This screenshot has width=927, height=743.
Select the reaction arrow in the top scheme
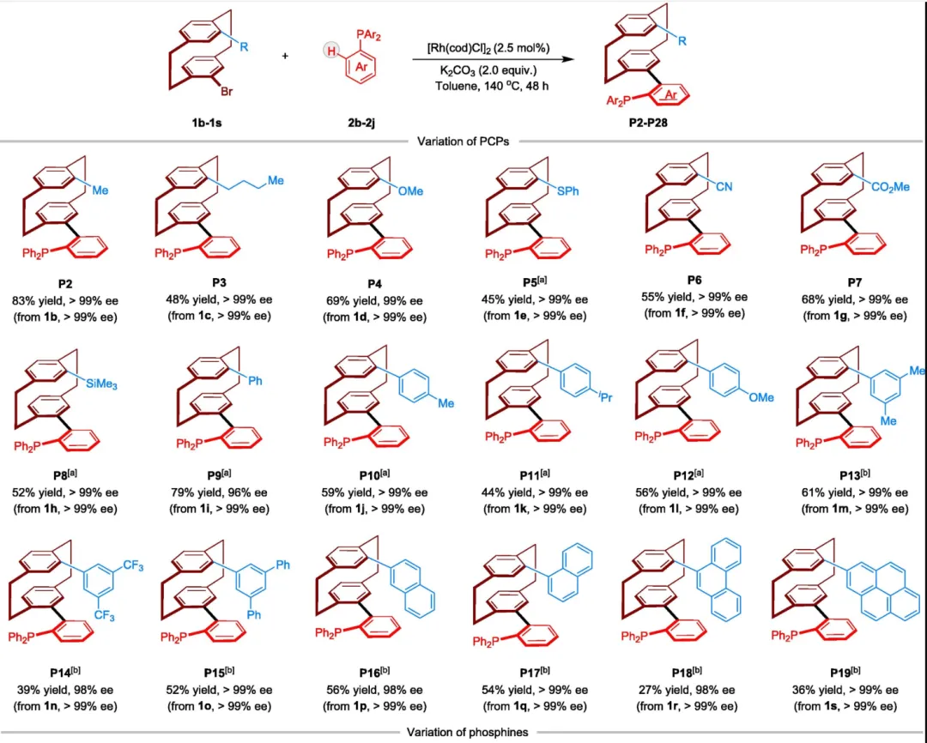tap(493, 59)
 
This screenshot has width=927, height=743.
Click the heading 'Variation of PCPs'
tap(464, 142)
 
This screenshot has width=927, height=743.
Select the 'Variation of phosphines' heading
tap(463, 732)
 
